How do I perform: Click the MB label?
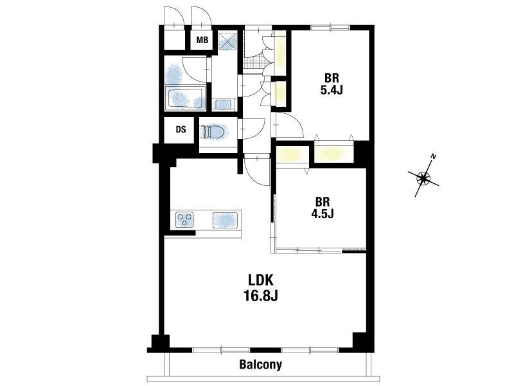202,41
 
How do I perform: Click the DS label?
181,130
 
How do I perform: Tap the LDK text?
261,280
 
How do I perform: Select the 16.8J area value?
261,296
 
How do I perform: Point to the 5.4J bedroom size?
332,90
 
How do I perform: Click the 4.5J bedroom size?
323,214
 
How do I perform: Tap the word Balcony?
261,364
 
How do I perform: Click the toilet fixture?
213,133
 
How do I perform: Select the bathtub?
186,98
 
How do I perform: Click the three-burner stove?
184,219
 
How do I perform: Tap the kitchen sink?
226,220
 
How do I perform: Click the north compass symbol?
423,178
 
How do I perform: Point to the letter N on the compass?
434,156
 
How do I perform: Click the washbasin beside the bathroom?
224,104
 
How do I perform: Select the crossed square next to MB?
227,41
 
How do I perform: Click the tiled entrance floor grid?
253,61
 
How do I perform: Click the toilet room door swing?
253,129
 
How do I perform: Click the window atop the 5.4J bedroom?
330,28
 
